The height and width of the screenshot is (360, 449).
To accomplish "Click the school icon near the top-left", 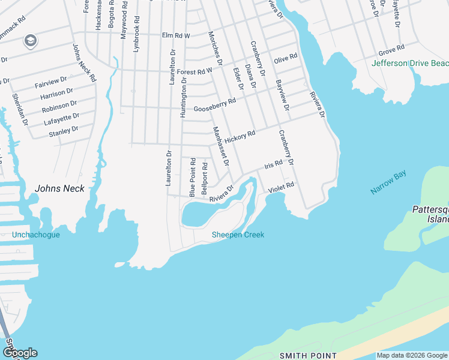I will click(x=29, y=41).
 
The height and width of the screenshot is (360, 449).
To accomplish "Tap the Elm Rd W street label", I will click(x=175, y=36).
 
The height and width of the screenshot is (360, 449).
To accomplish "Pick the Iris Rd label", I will click(x=273, y=165).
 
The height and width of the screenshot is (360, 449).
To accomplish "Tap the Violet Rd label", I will click(x=281, y=187).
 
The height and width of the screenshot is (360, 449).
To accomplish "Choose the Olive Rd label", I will click(x=285, y=59).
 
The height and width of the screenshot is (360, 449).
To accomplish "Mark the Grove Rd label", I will click(x=391, y=49).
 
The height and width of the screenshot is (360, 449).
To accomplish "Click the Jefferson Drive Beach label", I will click(x=410, y=63).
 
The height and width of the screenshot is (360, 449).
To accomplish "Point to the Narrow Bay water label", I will click(x=388, y=182).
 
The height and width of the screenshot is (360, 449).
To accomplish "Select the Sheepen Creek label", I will click(x=238, y=235).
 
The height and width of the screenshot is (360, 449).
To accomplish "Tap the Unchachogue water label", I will click(x=35, y=235).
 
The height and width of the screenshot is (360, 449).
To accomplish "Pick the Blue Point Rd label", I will click(x=193, y=177).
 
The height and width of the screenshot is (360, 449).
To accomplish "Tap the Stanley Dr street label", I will click(x=64, y=130).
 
